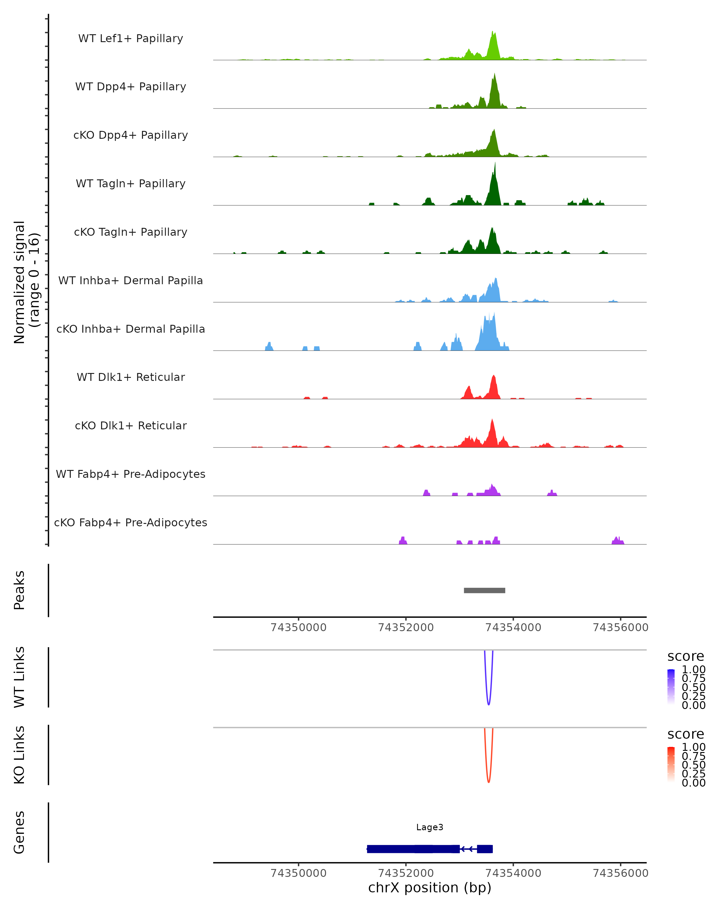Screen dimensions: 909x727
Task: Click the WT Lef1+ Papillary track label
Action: click(131, 38)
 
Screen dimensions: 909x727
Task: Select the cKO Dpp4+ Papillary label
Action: click(131, 135)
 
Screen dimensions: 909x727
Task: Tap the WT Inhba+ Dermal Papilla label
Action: click(131, 281)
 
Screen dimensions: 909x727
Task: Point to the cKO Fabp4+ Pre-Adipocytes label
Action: click(131, 523)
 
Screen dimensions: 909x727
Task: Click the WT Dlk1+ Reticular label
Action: click(131, 377)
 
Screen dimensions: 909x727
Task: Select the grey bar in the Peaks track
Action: click(484, 591)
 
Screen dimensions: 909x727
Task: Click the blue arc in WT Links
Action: click(489, 704)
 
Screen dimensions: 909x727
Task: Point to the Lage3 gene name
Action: click(430, 827)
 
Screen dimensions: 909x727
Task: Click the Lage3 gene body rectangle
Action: click(413, 849)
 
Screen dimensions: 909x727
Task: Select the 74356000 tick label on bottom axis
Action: click(620, 873)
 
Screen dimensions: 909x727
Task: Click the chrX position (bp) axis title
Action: click(430, 888)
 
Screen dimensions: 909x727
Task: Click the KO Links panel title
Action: click(19, 755)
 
